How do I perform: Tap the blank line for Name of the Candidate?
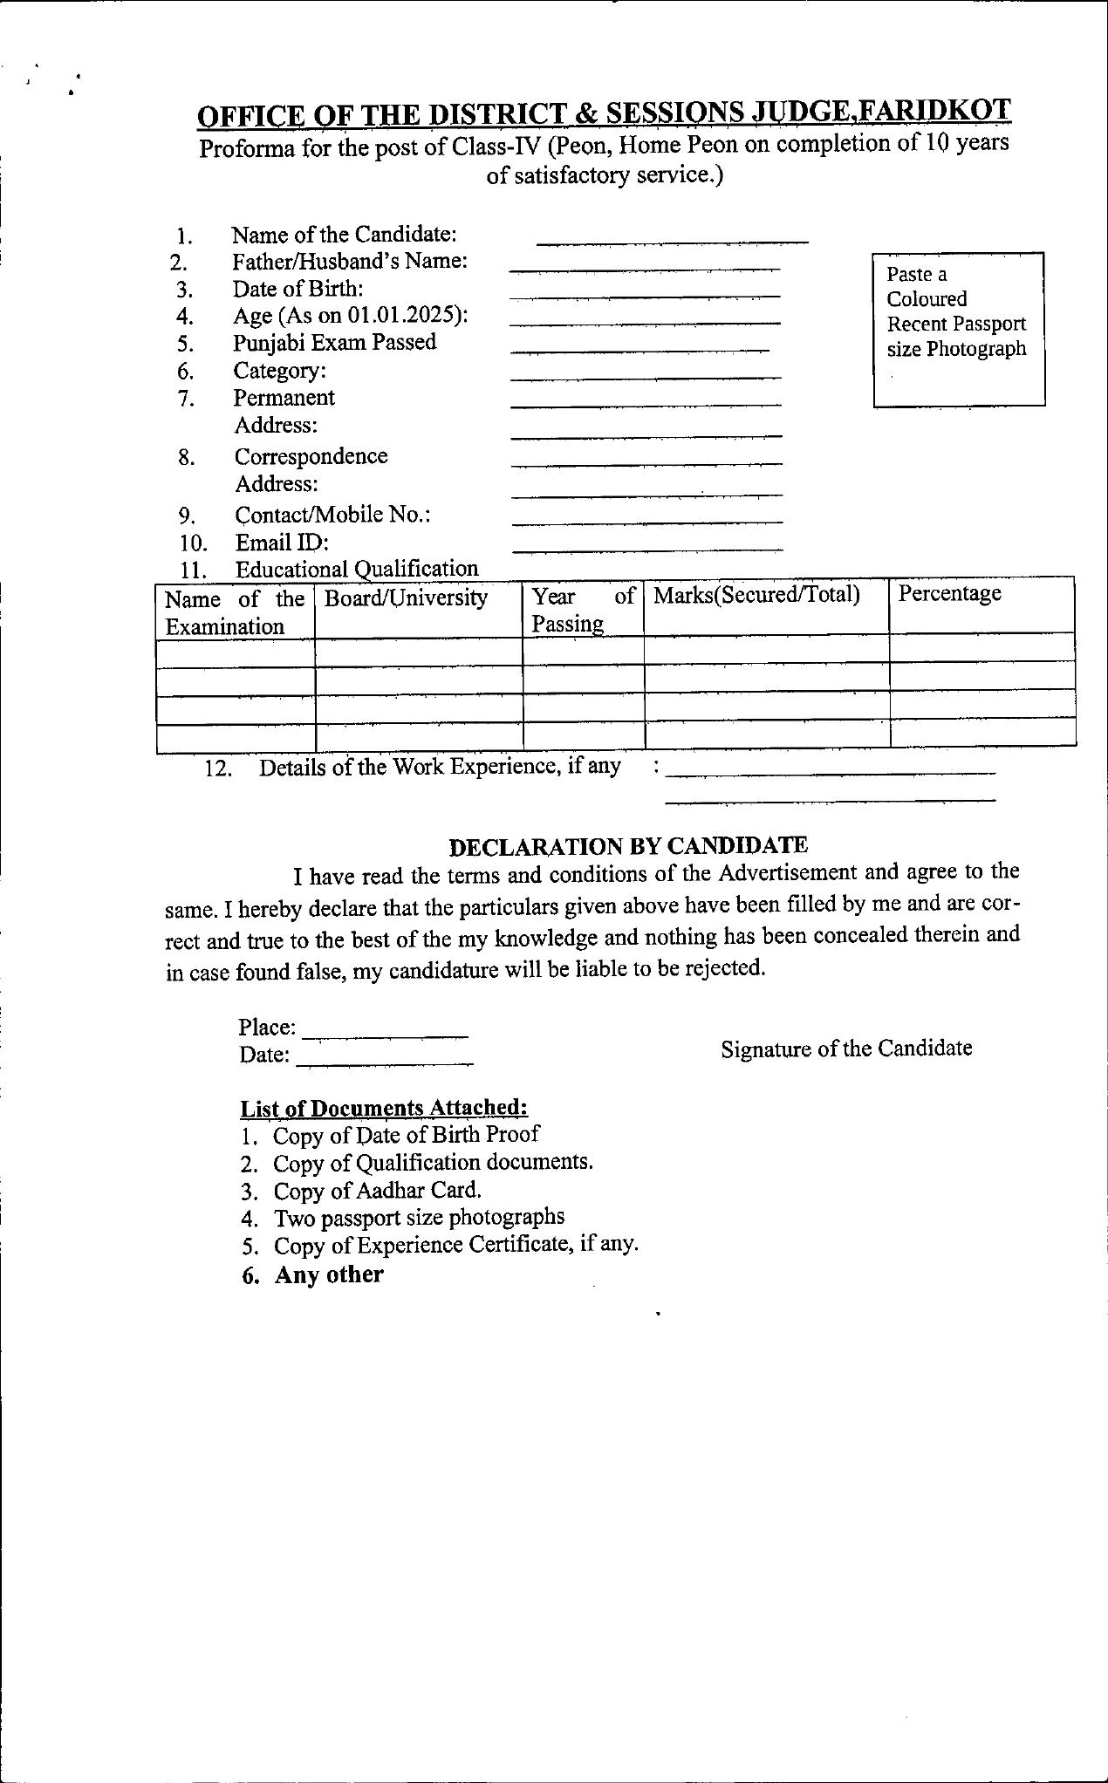tap(672, 241)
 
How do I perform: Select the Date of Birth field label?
tap(298, 289)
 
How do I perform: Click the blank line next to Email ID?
tap(647, 550)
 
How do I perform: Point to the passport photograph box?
tap(959, 329)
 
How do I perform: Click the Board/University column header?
tap(406, 598)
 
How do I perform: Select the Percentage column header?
tap(950, 593)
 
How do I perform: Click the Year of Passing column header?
tap(583, 609)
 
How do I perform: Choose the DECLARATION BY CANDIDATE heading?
tap(628, 845)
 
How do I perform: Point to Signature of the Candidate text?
tap(846, 1049)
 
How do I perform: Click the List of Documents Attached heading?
tap(384, 1108)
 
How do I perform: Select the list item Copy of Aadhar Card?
tap(377, 1191)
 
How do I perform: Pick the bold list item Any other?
tap(329, 1274)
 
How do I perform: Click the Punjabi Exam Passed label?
tap(334, 343)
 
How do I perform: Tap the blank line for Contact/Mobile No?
tap(647, 522)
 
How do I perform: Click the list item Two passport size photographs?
tap(419, 1217)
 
